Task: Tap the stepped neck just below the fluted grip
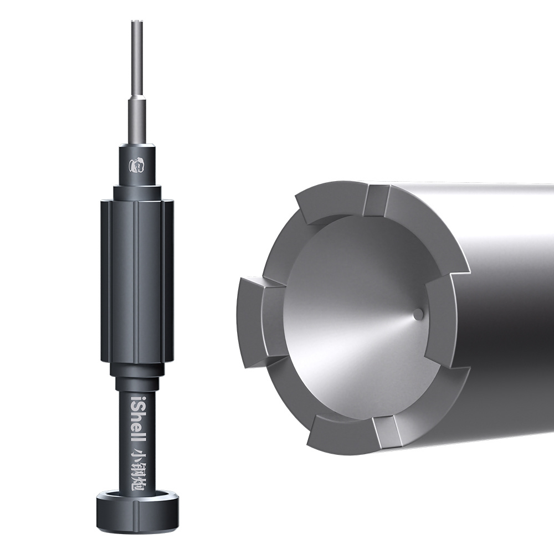[137, 370]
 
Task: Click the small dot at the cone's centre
[418, 314]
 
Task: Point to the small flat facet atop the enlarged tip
[377, 201]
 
